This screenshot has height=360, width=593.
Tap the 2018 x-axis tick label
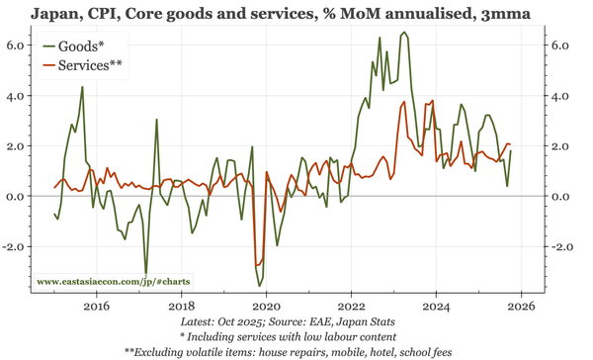[x=182, y=306]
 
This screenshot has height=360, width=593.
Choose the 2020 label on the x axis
[x=267, y=306]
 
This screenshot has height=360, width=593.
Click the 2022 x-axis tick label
[x=352, y=306]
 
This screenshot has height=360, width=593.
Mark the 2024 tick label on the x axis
[x=437, y=306]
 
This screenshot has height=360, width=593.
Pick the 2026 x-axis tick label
[x=522, y=306]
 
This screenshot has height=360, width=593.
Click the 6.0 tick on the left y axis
[x=17, y=45]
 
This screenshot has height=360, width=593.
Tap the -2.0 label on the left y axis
[x=15, y=246]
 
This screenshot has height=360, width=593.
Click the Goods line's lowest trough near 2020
[x=260, y=286]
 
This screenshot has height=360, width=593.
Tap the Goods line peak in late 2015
[x=82, y=87]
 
